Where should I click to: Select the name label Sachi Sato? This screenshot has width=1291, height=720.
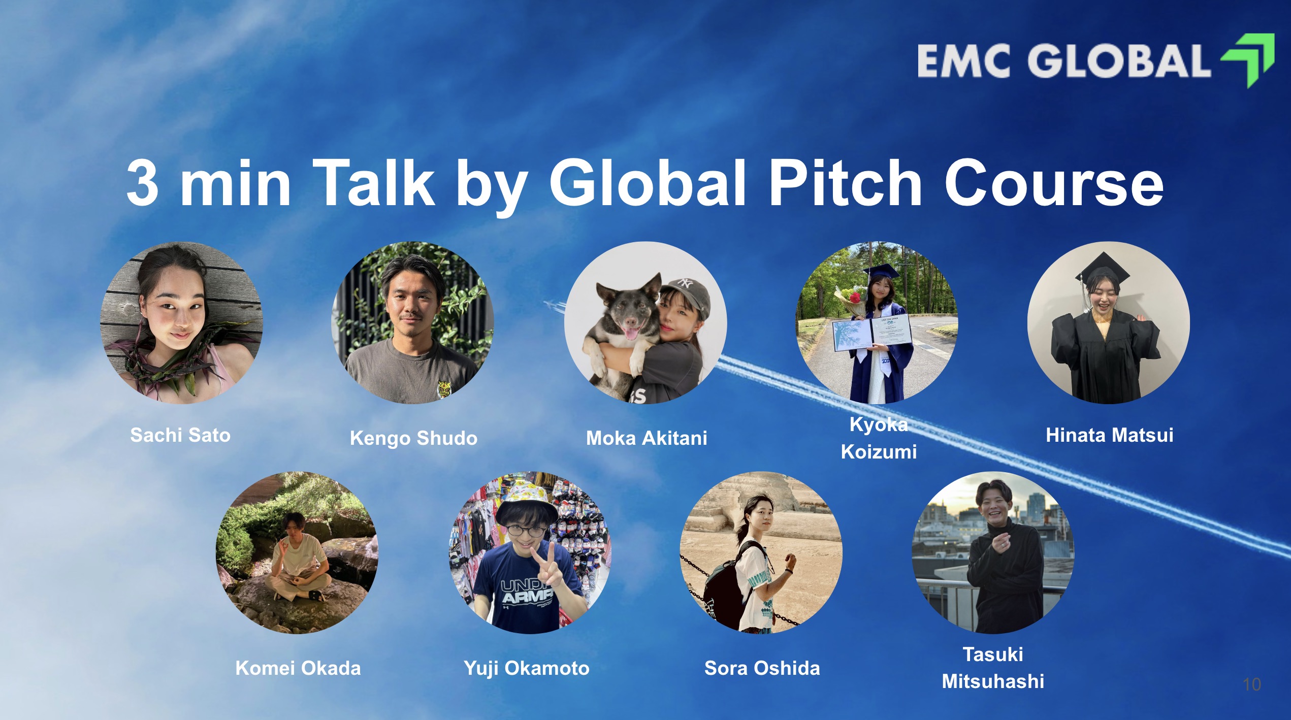(x=180, y=435)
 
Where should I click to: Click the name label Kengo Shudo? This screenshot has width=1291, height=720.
(x=413, y=438)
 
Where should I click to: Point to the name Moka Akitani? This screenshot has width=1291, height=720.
(x=647, y=438)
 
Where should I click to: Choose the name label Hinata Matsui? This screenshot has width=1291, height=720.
(x=1110, y=435)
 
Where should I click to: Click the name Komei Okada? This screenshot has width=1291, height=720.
(x=298, y=668)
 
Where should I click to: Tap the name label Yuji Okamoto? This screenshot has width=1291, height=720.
(x=527, y=668)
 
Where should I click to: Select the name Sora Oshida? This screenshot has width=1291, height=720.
(x=762, y=668)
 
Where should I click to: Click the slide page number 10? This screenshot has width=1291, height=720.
(x=1252, y=684)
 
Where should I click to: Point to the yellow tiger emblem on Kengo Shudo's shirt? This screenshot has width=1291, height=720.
(x=444, y=388)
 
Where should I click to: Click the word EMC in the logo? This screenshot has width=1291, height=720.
(x=963, y=61)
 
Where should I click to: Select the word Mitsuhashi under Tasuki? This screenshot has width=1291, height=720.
(x=993, y=681)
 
